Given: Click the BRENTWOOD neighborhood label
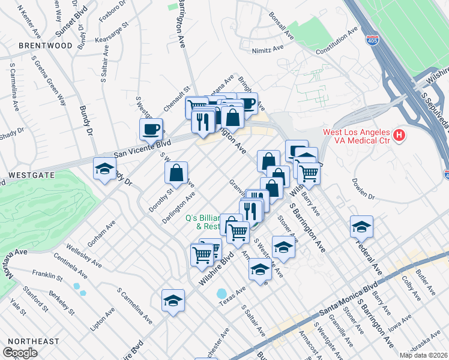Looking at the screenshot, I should pos(45,45).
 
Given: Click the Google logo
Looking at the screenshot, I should pos(20,353).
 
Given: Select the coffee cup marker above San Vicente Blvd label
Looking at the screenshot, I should pos(151,128).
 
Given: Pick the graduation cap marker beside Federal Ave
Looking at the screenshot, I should pos(361,227).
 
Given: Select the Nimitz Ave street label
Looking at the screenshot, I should pos(268,50).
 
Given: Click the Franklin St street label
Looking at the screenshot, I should pos(48,277).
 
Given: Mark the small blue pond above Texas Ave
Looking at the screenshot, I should pos(222,294).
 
